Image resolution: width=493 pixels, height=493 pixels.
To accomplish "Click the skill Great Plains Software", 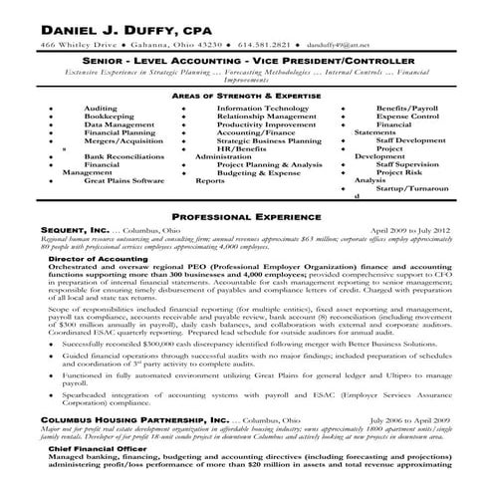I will click(124, 181).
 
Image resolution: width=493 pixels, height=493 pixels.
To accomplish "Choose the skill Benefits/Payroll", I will click(409, 107).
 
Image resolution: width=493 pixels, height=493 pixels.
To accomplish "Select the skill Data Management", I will click(118, 123).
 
